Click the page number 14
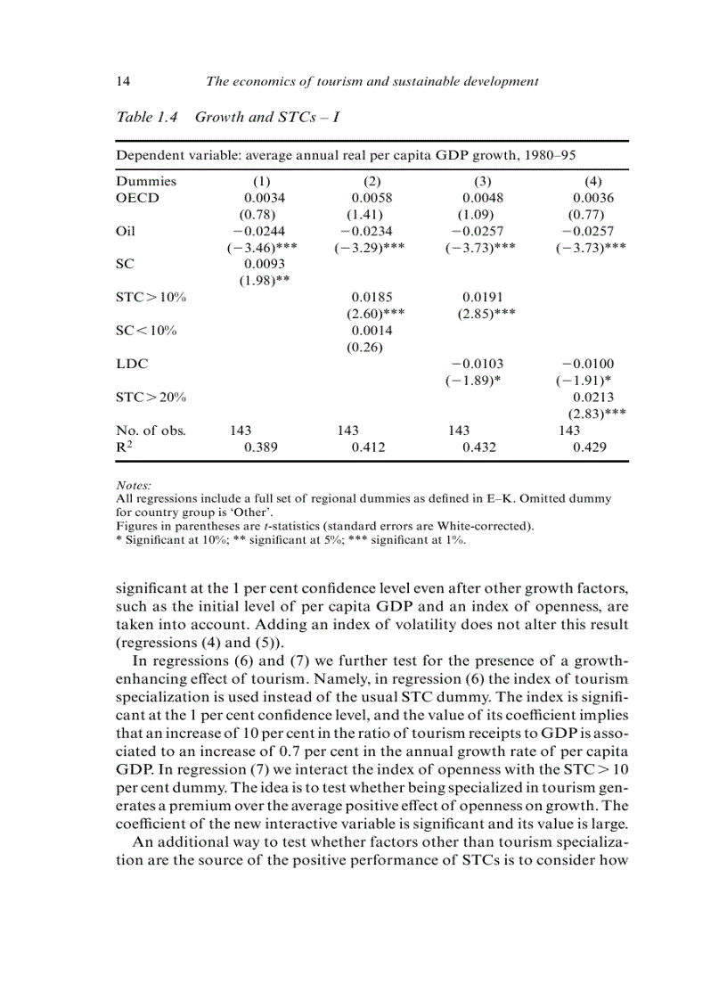tap(124, 81)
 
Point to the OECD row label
tap(137, 198)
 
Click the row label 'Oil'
tap(127, 231)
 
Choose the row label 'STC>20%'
tap(151, 397)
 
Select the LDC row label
tap(132, 364)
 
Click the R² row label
tap(125, 447)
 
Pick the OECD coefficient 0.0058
tap(372, 198)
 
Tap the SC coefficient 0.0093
tap(265, 265)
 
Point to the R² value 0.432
tap(482, 447)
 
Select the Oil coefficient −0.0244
tap(260, 231)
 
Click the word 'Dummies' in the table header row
tap(146, 181)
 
